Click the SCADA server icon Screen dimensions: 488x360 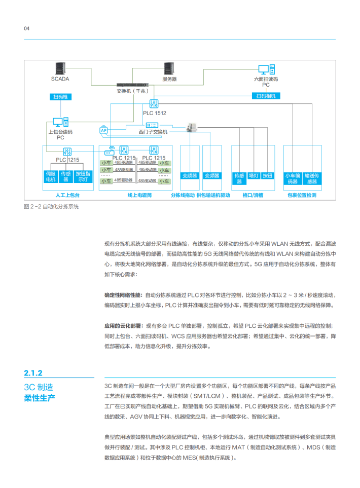point(60,69)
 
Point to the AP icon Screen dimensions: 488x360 point(104,130)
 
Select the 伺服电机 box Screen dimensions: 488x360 point(51,176)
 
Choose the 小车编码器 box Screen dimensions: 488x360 point(293,178)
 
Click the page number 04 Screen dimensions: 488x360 point(27,28)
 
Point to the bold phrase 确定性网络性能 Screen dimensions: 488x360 point(123,295)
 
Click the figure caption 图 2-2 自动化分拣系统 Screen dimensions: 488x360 point(51,207)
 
